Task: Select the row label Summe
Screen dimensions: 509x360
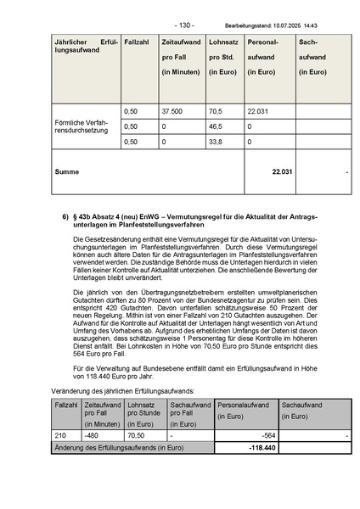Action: [x=66, y=171]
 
